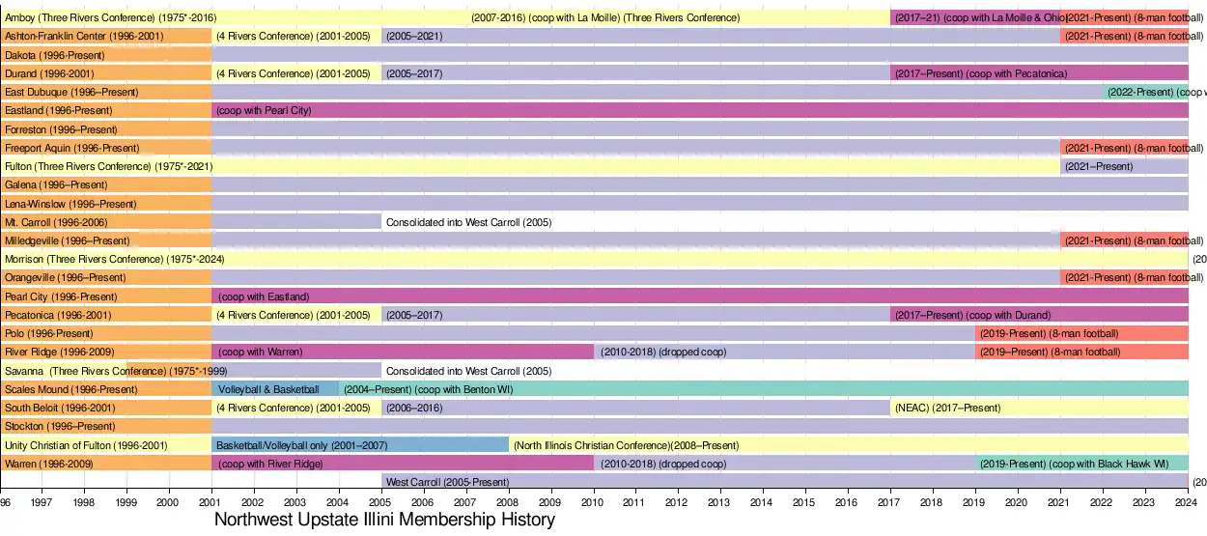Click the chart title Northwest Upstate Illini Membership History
click(384, 521)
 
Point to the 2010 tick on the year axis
click(594, 502)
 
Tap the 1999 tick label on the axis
click(126, 502)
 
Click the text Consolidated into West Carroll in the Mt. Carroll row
click(468, 222)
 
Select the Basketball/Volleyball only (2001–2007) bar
click(300, 445)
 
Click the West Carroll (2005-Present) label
click(447, 482)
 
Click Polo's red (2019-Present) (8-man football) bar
click(1049, 333)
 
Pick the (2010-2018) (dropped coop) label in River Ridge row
click(662, 353)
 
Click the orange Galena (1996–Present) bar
click(106, 184)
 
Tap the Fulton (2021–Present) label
click(1099, 166)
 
